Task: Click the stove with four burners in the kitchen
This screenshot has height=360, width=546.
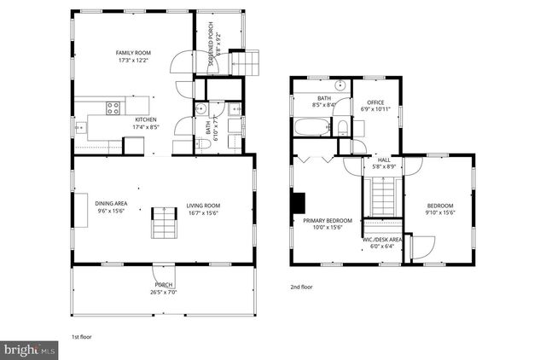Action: [112, 107]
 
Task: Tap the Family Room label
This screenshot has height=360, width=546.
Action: [133, 53]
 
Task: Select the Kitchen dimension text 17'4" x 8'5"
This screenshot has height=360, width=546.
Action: [146, 127]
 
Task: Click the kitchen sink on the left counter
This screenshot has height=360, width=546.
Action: [81, 127]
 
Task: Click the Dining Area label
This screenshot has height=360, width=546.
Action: [111, 205]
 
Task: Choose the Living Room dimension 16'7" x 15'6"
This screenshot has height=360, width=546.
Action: [204, 212]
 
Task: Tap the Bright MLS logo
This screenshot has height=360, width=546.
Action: [30, 349]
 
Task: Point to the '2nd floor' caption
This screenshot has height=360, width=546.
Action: [300, 287]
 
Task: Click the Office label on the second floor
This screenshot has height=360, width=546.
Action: [375, 102]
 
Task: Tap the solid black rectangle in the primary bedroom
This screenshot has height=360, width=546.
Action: [297, 203]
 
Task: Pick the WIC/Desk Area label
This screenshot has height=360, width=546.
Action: [381, 241]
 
